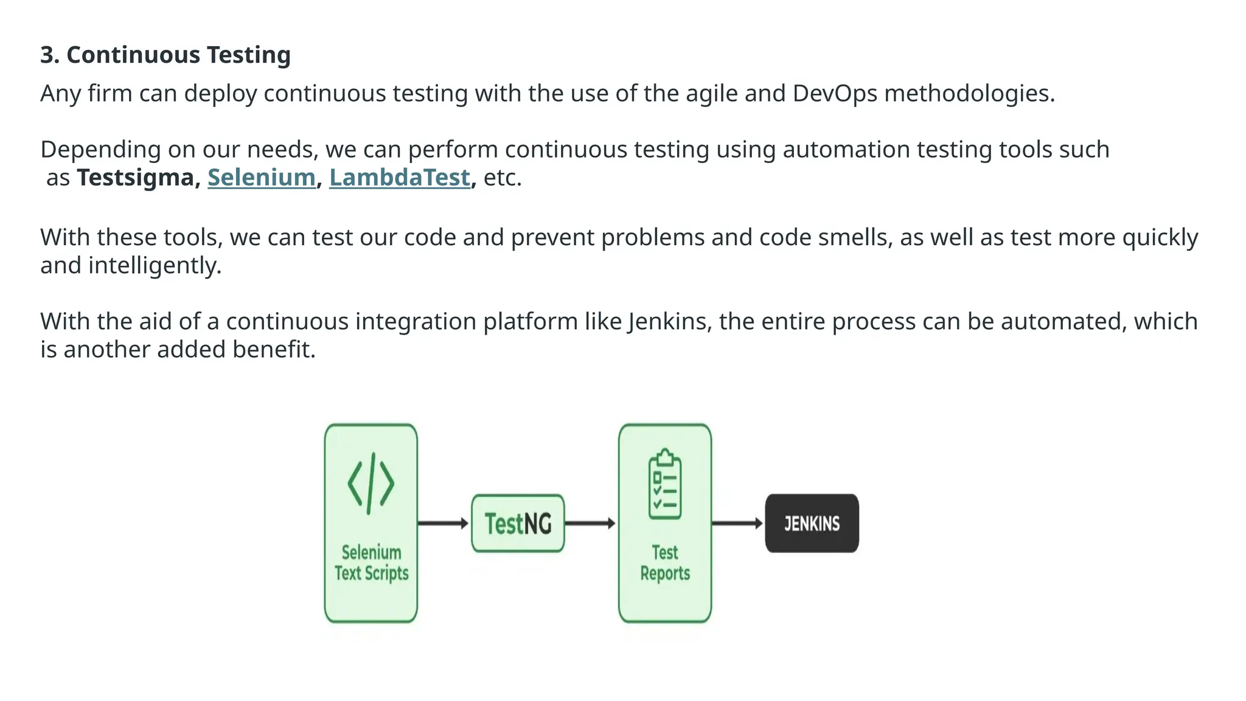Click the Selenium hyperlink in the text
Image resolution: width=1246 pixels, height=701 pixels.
coord(261,178)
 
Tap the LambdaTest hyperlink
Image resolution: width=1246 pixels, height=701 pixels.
coord(400,178)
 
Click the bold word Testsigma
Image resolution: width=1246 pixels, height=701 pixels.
coord(135,178)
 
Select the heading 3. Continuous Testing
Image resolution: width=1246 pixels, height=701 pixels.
coord(165,55)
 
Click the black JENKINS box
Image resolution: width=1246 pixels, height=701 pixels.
coord(812,523)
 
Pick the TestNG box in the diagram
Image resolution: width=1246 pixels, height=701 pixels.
coord(518,523)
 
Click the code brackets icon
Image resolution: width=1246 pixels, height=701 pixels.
coord(371,484)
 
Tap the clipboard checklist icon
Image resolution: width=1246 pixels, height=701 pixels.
coord(664,484)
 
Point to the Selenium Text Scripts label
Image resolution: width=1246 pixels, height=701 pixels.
coord(371,563)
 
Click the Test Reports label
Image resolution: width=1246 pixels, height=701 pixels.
coord(664,563)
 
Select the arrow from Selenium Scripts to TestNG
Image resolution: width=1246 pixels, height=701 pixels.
coord(444,523)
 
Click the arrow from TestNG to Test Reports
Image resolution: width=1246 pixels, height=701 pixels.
coord(590,523)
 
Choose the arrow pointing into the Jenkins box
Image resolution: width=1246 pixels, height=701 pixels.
coord(737,523)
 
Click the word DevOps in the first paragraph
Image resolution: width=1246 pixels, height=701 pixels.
coord(835,94)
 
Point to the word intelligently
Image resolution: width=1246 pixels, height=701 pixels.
coord(155,266)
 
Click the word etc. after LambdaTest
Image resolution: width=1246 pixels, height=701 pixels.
coord(503,178)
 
